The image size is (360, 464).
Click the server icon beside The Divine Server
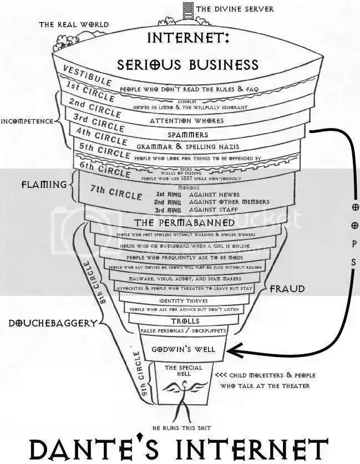click(187, 8)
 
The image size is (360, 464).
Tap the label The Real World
click(74, 24)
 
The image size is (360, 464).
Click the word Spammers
click(188, 135)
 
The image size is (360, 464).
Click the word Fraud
click(287, 289)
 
